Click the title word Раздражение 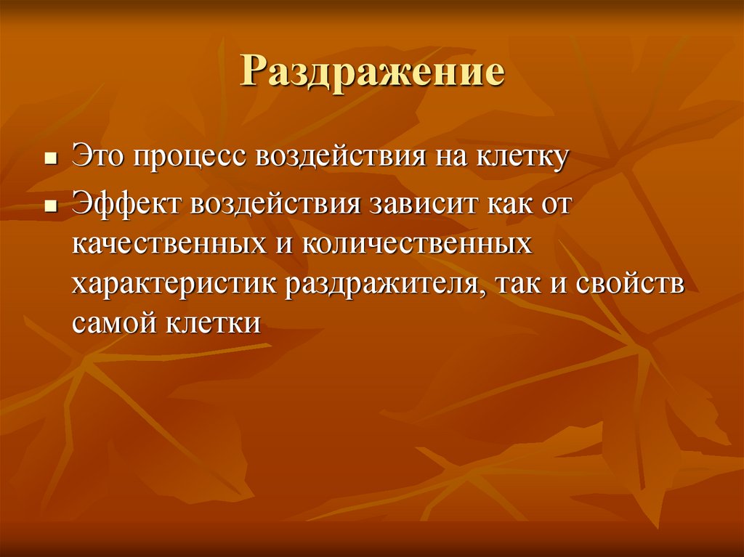[x=372, y=75]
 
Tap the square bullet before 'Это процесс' [x=51, y=158]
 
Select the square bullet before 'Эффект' [x=51, y=206]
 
